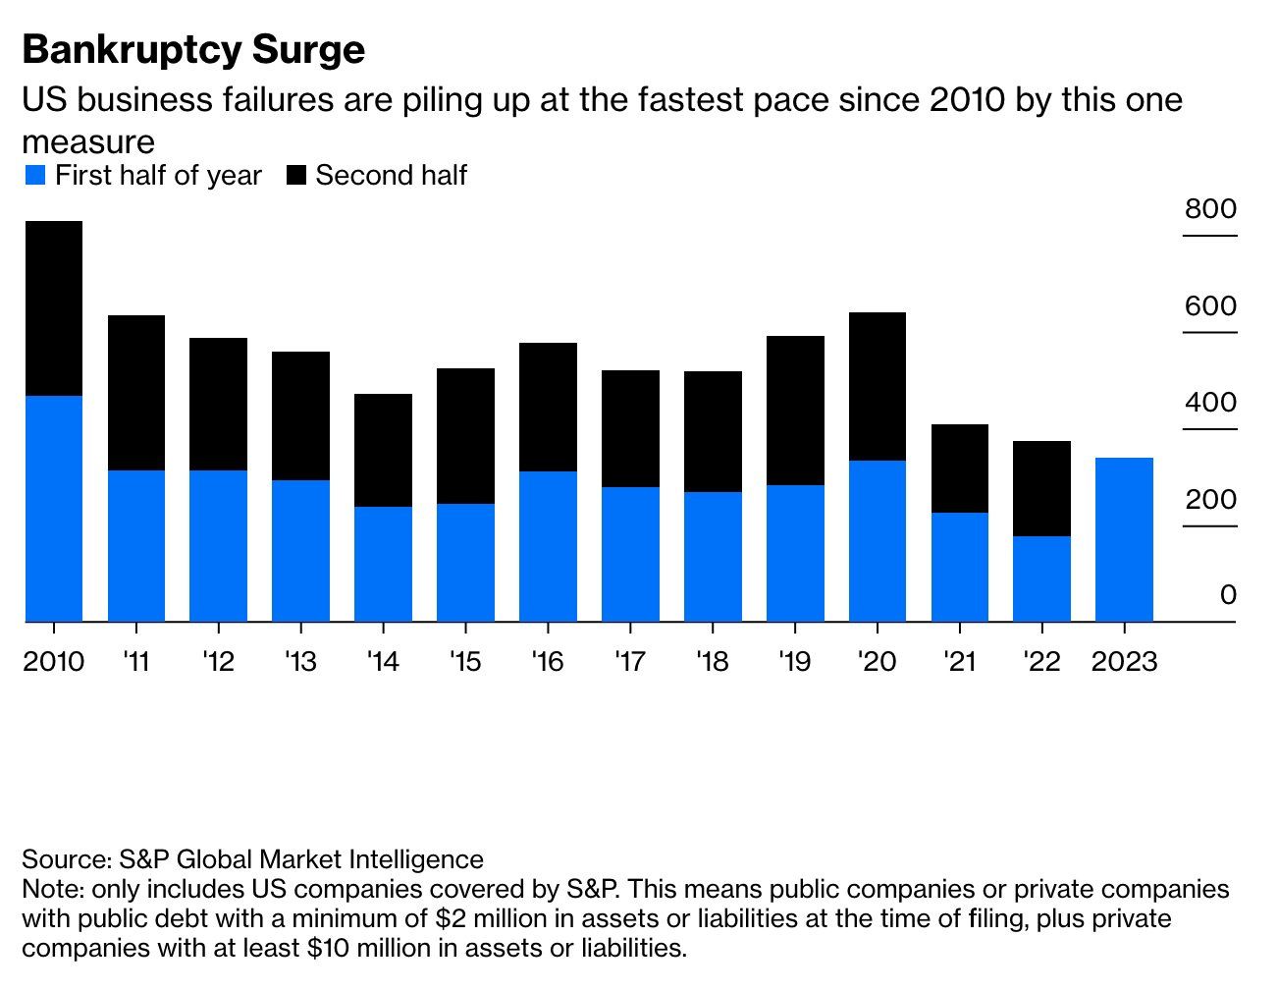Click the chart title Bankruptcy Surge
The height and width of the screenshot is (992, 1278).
[x=193, y=50]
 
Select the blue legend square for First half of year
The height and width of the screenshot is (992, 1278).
[x=35, y=176]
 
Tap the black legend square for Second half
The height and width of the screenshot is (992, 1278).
[x=296, y=176]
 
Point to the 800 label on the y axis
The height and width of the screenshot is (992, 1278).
[x=1210, y=209]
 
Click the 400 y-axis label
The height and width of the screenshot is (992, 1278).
[x=1210, y=403]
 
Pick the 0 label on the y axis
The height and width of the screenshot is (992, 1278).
[x=1228, y=595]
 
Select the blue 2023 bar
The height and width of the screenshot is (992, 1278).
[x=1124, y=539]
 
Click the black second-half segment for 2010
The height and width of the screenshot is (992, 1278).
[x=54, y=308]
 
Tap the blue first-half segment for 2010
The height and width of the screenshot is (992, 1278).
[x=54, y=509]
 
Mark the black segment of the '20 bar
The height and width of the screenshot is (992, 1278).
[x=878, y=386]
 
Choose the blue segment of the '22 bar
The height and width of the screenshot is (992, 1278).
[x=1041, y=579]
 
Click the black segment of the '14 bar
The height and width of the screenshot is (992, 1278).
[x=383, y=450]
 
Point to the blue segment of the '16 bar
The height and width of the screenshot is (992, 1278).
[x=548, y=546]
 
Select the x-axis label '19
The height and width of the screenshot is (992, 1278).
[x=794, y=662]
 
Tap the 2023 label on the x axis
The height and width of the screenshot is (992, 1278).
[x=1124, y=662]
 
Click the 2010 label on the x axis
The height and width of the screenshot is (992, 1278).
[x=54, y=662]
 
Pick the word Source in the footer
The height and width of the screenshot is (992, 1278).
[x=65, y=859]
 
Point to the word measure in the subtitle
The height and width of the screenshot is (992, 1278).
[x=88, y=142]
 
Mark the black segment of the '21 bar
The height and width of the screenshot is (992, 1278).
[x=960, y=468]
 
